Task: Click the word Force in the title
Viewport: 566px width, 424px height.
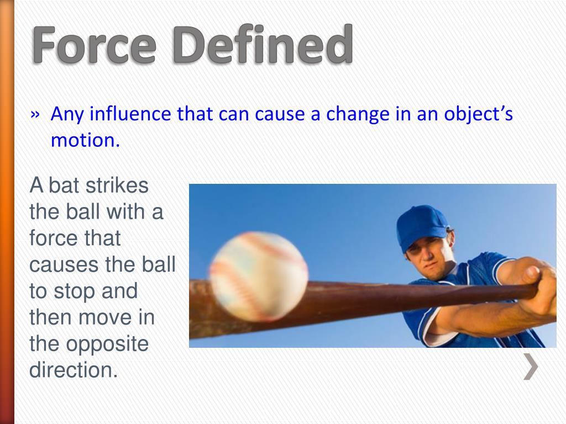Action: point(94,45)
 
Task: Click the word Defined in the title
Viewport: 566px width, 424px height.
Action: point(263,45)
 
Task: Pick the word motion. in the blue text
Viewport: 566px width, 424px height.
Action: point(85,140)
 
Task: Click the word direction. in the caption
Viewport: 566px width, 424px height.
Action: point(74,370)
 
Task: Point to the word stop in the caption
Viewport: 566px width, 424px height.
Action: point(70,291)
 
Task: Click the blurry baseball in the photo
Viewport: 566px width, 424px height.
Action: point(259,276)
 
